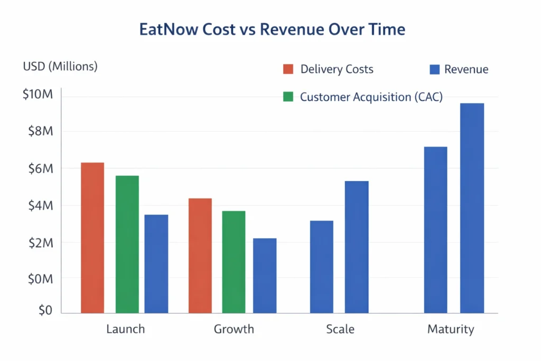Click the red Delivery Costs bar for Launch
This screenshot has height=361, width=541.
[x=92, y=238]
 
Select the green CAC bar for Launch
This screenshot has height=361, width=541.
[x=127, y=244]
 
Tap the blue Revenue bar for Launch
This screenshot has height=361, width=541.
[x=156, y=264]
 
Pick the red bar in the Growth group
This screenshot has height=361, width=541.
[x=200, y=256]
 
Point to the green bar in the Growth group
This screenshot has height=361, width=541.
[x=234, y=262]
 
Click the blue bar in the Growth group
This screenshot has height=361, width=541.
[x=265, y=275]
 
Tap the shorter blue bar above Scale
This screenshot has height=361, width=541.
[x=322, y=267]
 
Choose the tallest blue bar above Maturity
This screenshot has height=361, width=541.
[x=472, y=208]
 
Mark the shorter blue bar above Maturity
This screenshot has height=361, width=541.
[x=435, y=230]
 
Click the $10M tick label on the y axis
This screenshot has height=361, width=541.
[x=38, y=95]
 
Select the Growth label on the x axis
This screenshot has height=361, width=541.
[x=234, y=329]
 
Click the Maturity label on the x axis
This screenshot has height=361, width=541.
[x=451, y=329]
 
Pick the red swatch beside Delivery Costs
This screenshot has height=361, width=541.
[x=288, y=69]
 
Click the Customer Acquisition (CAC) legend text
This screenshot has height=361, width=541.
[x=371, y=97]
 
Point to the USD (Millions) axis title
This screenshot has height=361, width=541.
[x=60, y=67]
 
